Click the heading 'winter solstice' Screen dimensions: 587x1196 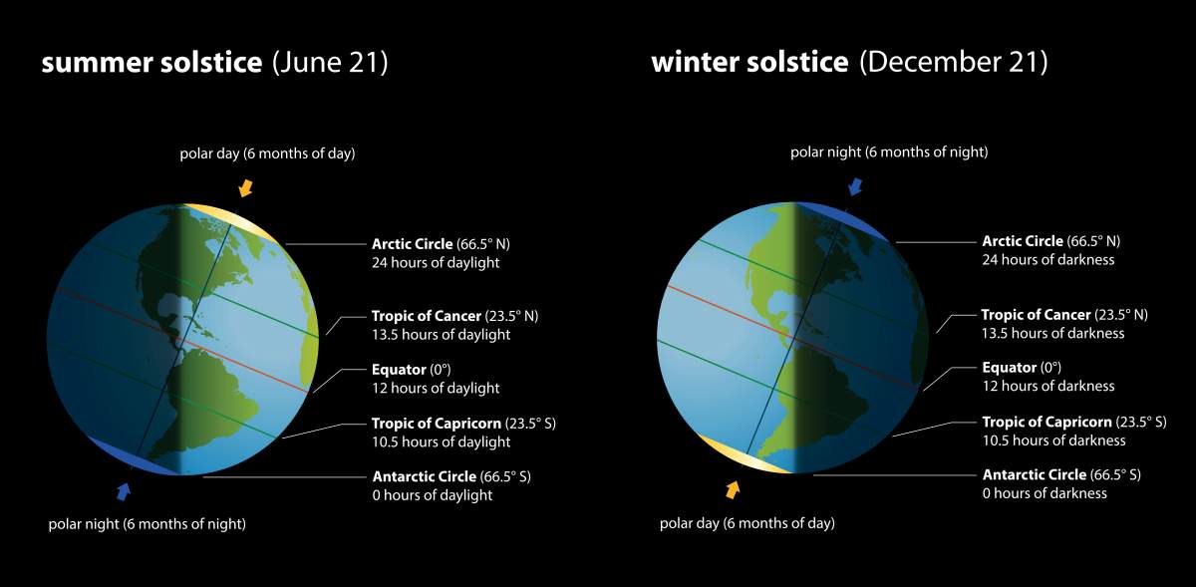pyautogui.click(x=749, y=63)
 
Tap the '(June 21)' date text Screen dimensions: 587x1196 pyautogui.click(x=330, y=64)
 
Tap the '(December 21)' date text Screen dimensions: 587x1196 pyautogui.click(x=954, y=63)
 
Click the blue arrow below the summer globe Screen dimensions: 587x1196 pyautogui.click(x=124, y=491)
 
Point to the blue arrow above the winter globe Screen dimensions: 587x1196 pyautogui.click(x=854, y=186)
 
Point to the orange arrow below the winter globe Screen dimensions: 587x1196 pyautogui.click(x=733, y=489)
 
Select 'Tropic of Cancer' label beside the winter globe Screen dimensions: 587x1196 pyautogui.click(x=1037, y=314)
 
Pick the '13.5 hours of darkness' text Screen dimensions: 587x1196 pyautogui.click(x=1052, y=333)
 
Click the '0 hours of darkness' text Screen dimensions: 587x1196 pyautogui.click(x=1045, y=493)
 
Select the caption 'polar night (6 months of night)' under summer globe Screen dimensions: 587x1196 pyautogui.click(x=147, y=524)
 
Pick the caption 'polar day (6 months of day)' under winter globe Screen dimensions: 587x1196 pyautogui.click(x=747, y=523)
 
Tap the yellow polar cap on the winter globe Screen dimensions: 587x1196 pyautogui.click(x=738, y=454)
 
